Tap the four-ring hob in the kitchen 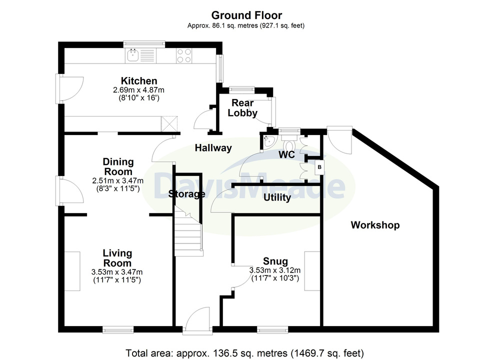point(184,55)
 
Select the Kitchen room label point(139,81)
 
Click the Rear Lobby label point(242,108)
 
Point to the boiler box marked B point(318,167)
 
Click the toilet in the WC point(306,143)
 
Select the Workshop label point(375,225)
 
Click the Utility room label point(277,197)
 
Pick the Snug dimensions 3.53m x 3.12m point(274,270)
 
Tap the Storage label point(186,194)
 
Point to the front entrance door point(197,320)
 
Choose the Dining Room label point(118,166)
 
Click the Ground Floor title point(246,15)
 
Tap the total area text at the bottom point(245,353)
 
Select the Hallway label point(213,148)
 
